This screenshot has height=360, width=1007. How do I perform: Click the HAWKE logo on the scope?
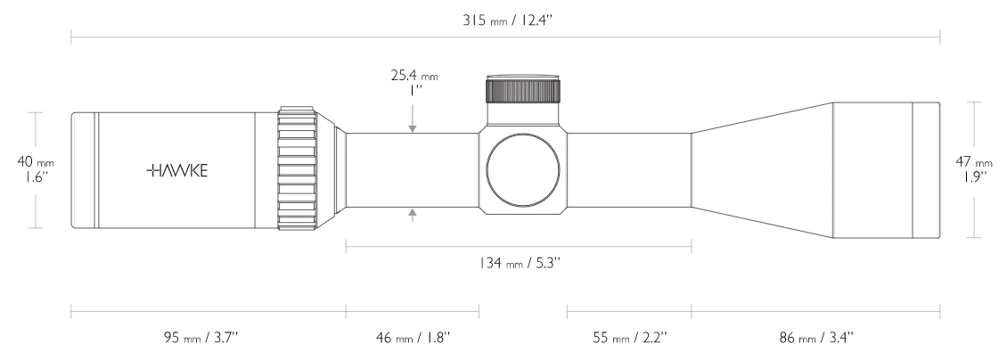[x=177, y=170]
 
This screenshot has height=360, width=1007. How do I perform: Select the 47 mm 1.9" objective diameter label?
[x=974, y=169]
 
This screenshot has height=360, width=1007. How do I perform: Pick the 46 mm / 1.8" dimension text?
[x=412, y=337]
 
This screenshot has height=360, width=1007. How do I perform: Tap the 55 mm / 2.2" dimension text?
[x=629, y=337]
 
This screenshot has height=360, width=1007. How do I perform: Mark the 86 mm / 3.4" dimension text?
[x=815, y=337]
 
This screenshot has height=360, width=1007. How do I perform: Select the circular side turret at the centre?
[x=523, y=170]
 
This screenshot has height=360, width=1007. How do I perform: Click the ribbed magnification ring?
[x=299, y=169]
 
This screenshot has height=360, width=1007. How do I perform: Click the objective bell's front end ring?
[x=927, y=169]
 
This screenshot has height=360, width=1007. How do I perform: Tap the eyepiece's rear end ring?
[x=84, y=169]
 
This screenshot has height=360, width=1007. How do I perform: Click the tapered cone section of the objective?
[x=762, y=169]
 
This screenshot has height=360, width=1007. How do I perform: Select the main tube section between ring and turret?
[x=410, y=169]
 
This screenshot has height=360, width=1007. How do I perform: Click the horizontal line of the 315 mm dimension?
[x=267, y=38]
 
